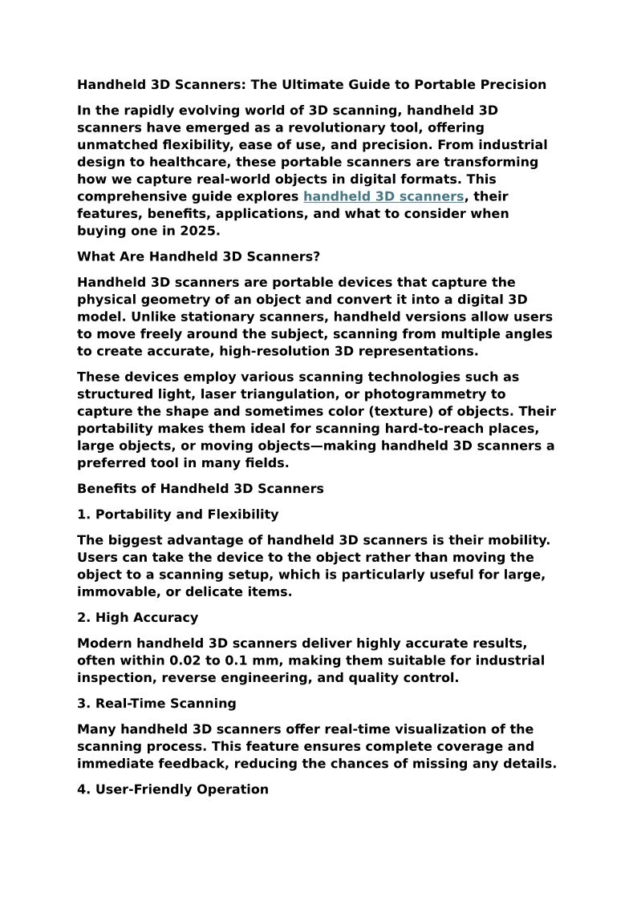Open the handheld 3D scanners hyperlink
click(383, 196)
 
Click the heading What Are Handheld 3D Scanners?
click(198, 256)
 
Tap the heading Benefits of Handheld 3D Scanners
click(201, 489)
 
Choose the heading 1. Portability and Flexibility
click(178, 515)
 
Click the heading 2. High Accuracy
click(138, 618)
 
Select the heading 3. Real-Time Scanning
click(156, 704)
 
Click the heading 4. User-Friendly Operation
click(173, 789)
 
